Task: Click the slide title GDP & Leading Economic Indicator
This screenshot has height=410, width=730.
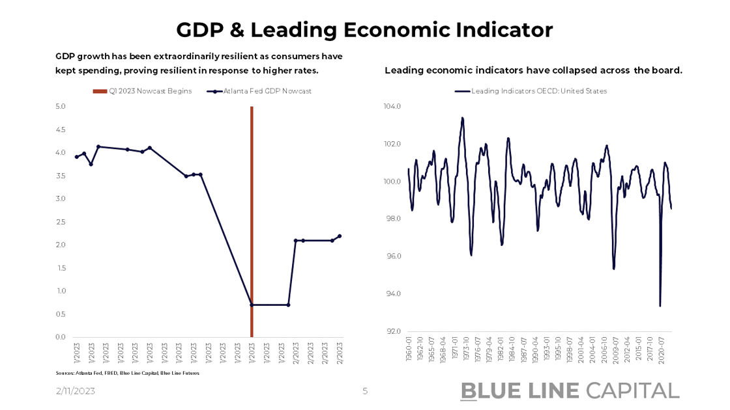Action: (x=364, y=30)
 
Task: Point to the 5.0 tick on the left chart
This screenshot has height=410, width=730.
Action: (x=61, y=106)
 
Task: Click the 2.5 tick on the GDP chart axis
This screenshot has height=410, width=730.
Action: (x=61, y=222)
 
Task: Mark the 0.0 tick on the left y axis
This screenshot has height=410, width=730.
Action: (x=61, y=337)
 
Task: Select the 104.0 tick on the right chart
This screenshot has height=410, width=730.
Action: (x=392, y=106)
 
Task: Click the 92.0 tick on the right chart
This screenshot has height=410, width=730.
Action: (x=393, y=332)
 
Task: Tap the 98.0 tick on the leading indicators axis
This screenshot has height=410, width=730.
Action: (x=393, y=219)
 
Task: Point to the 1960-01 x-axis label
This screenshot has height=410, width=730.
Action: (x=409, y=349)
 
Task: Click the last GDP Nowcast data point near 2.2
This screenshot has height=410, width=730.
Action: (x=340, y=236)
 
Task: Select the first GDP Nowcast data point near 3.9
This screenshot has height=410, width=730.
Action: (x=76, y=157)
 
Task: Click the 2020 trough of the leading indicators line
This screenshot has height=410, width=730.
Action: (x=660, y=306)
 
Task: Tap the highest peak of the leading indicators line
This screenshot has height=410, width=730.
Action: (x=462, y=118)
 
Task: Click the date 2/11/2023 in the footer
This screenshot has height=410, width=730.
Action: (x=76, y=391)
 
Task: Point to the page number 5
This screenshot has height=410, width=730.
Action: (x=365, y=391)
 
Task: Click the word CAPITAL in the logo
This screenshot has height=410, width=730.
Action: (x=632, y=390)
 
